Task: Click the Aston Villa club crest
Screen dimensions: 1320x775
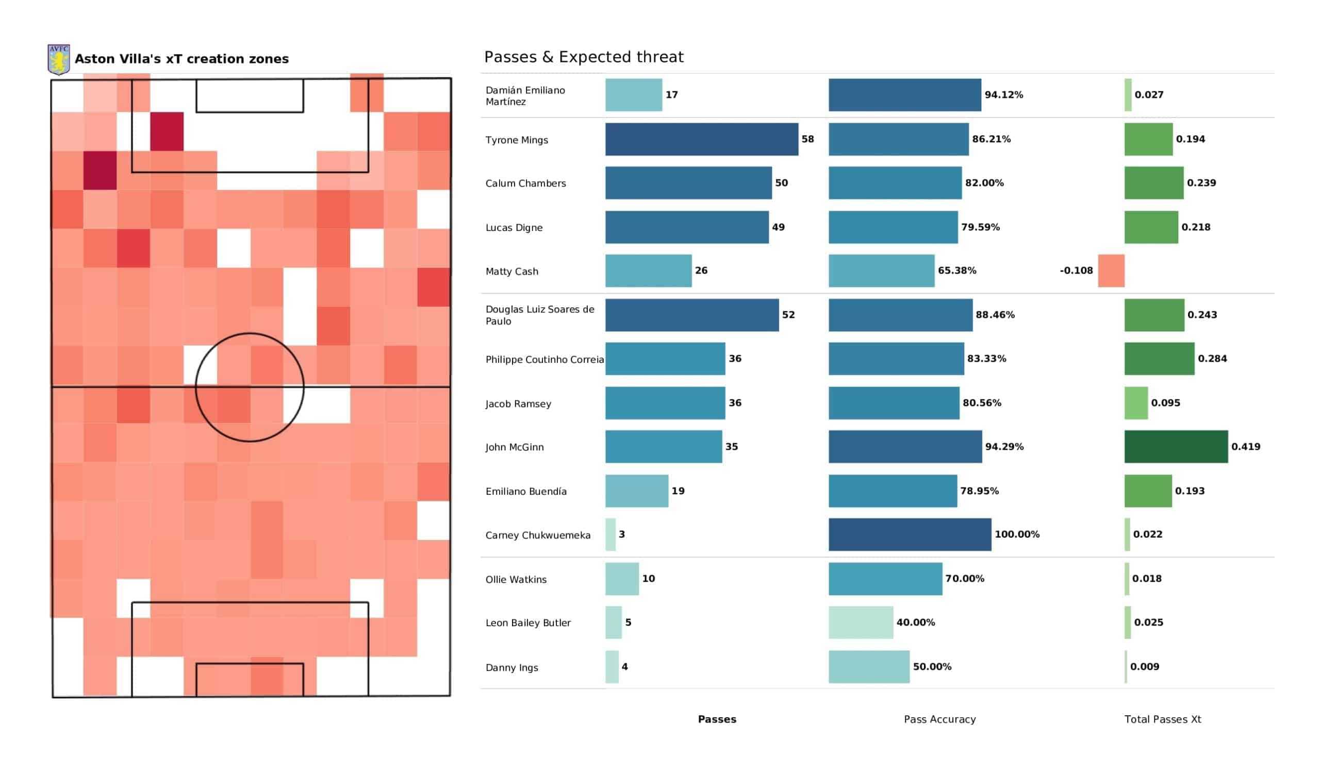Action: pos(59,60)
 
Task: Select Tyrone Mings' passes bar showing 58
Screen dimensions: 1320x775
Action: pos(701,139)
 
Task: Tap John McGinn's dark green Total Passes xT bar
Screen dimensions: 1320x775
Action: pos(1176,447)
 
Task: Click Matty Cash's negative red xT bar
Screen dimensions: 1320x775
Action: pos(1111,271)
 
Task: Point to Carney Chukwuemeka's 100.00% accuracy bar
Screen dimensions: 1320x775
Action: pos(910,535)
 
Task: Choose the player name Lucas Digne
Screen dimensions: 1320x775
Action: pos(514,228)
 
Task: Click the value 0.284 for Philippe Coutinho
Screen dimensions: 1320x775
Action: pos(1212,359)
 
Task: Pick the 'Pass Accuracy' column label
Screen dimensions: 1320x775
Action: pos(939,719)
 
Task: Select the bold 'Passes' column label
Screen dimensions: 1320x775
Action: pos(717,719)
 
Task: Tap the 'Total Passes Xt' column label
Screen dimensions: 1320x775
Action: pos(1162,719)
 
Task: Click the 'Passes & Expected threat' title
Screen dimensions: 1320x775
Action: pos(584,57)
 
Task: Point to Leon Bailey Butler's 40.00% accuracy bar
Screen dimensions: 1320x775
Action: pos(861,622)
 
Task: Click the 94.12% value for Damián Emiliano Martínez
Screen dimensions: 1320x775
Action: pos(1003,95)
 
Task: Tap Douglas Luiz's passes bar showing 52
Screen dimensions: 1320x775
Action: pos(692,315)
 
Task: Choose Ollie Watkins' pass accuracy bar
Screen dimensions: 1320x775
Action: pos(885,579)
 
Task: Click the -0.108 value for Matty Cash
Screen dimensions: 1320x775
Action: pos(1076,271)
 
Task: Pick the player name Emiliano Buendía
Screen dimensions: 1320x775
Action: pos(525,491)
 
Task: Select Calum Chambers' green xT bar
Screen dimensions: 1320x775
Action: pos(1153,183)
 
